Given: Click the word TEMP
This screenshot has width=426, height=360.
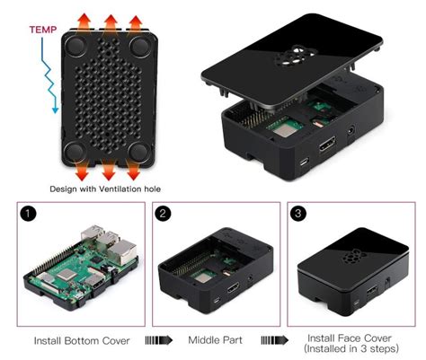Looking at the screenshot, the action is pyautogui.click(x=43, y=30).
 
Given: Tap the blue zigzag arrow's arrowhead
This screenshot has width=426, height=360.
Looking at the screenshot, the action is pyautogui.click(x=55, y=110).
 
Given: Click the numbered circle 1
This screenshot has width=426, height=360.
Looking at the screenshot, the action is pyautogui.click(x=28, y=214).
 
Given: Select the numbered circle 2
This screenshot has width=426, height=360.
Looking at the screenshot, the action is pyautogui.click(x=163, y=214).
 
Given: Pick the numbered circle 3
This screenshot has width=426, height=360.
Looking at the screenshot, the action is pyautogui.click(x=298, y=214).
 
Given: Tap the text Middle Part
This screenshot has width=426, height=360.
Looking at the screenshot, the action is pyautogui.click(x=215, y=340).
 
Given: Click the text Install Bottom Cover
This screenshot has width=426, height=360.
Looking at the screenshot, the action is pyautogui.click(x=82, y=341).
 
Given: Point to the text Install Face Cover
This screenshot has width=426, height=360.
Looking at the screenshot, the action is pyautogui.click(x=350, y=338).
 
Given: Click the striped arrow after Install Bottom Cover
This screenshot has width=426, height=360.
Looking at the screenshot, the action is pyautogui.click(x=159, y=340).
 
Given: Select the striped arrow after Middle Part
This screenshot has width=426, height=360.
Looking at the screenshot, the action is pyautogui.click(x=274, y=340).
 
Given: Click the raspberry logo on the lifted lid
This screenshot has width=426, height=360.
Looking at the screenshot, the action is pyautogui.click(x=295, y=56).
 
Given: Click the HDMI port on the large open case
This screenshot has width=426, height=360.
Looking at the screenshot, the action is pyautogui.click(x=327, y=144).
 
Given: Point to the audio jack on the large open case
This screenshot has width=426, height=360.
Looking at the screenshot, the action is pyautogui.click(x=351, y=131).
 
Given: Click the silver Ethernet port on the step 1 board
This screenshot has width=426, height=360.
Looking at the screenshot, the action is pyautogui.click(x=122, y=252).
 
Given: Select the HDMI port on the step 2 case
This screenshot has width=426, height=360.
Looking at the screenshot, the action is pyautogui.click(x=233, y=287).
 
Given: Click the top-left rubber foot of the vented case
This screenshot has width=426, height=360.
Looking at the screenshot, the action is pyautogui.click(x=76, y=47).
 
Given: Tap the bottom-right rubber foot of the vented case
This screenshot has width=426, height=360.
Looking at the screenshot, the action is pyautogui.click(x=139, y=153).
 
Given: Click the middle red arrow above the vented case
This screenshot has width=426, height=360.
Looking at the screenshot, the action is pyautogui.click(x=111, y=22).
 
